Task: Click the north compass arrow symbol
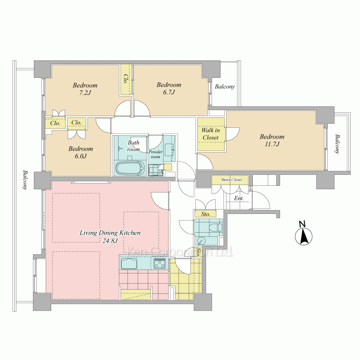[x=303, y=236]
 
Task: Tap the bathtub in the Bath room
[x=130, y=168]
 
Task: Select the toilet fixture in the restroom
[x=216, y=227]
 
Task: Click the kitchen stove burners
[x=160, y=263]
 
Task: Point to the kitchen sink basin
[x=129, y=263]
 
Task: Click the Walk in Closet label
[x=211, y=134]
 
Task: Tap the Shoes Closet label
[x=231, y=180]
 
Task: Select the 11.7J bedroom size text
[x=272, y=144]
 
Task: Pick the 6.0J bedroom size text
[x=81, y=156]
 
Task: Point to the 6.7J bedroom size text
[x=169, y=92]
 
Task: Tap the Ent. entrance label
[x=239, y=198]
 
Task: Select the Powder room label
[x=156, y=154]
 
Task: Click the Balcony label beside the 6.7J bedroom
[x=225, y=86]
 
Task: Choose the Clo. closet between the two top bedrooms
[x=126, y=79]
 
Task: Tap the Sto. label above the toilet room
[x=206, y=214]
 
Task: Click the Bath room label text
[x=134, y=146]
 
